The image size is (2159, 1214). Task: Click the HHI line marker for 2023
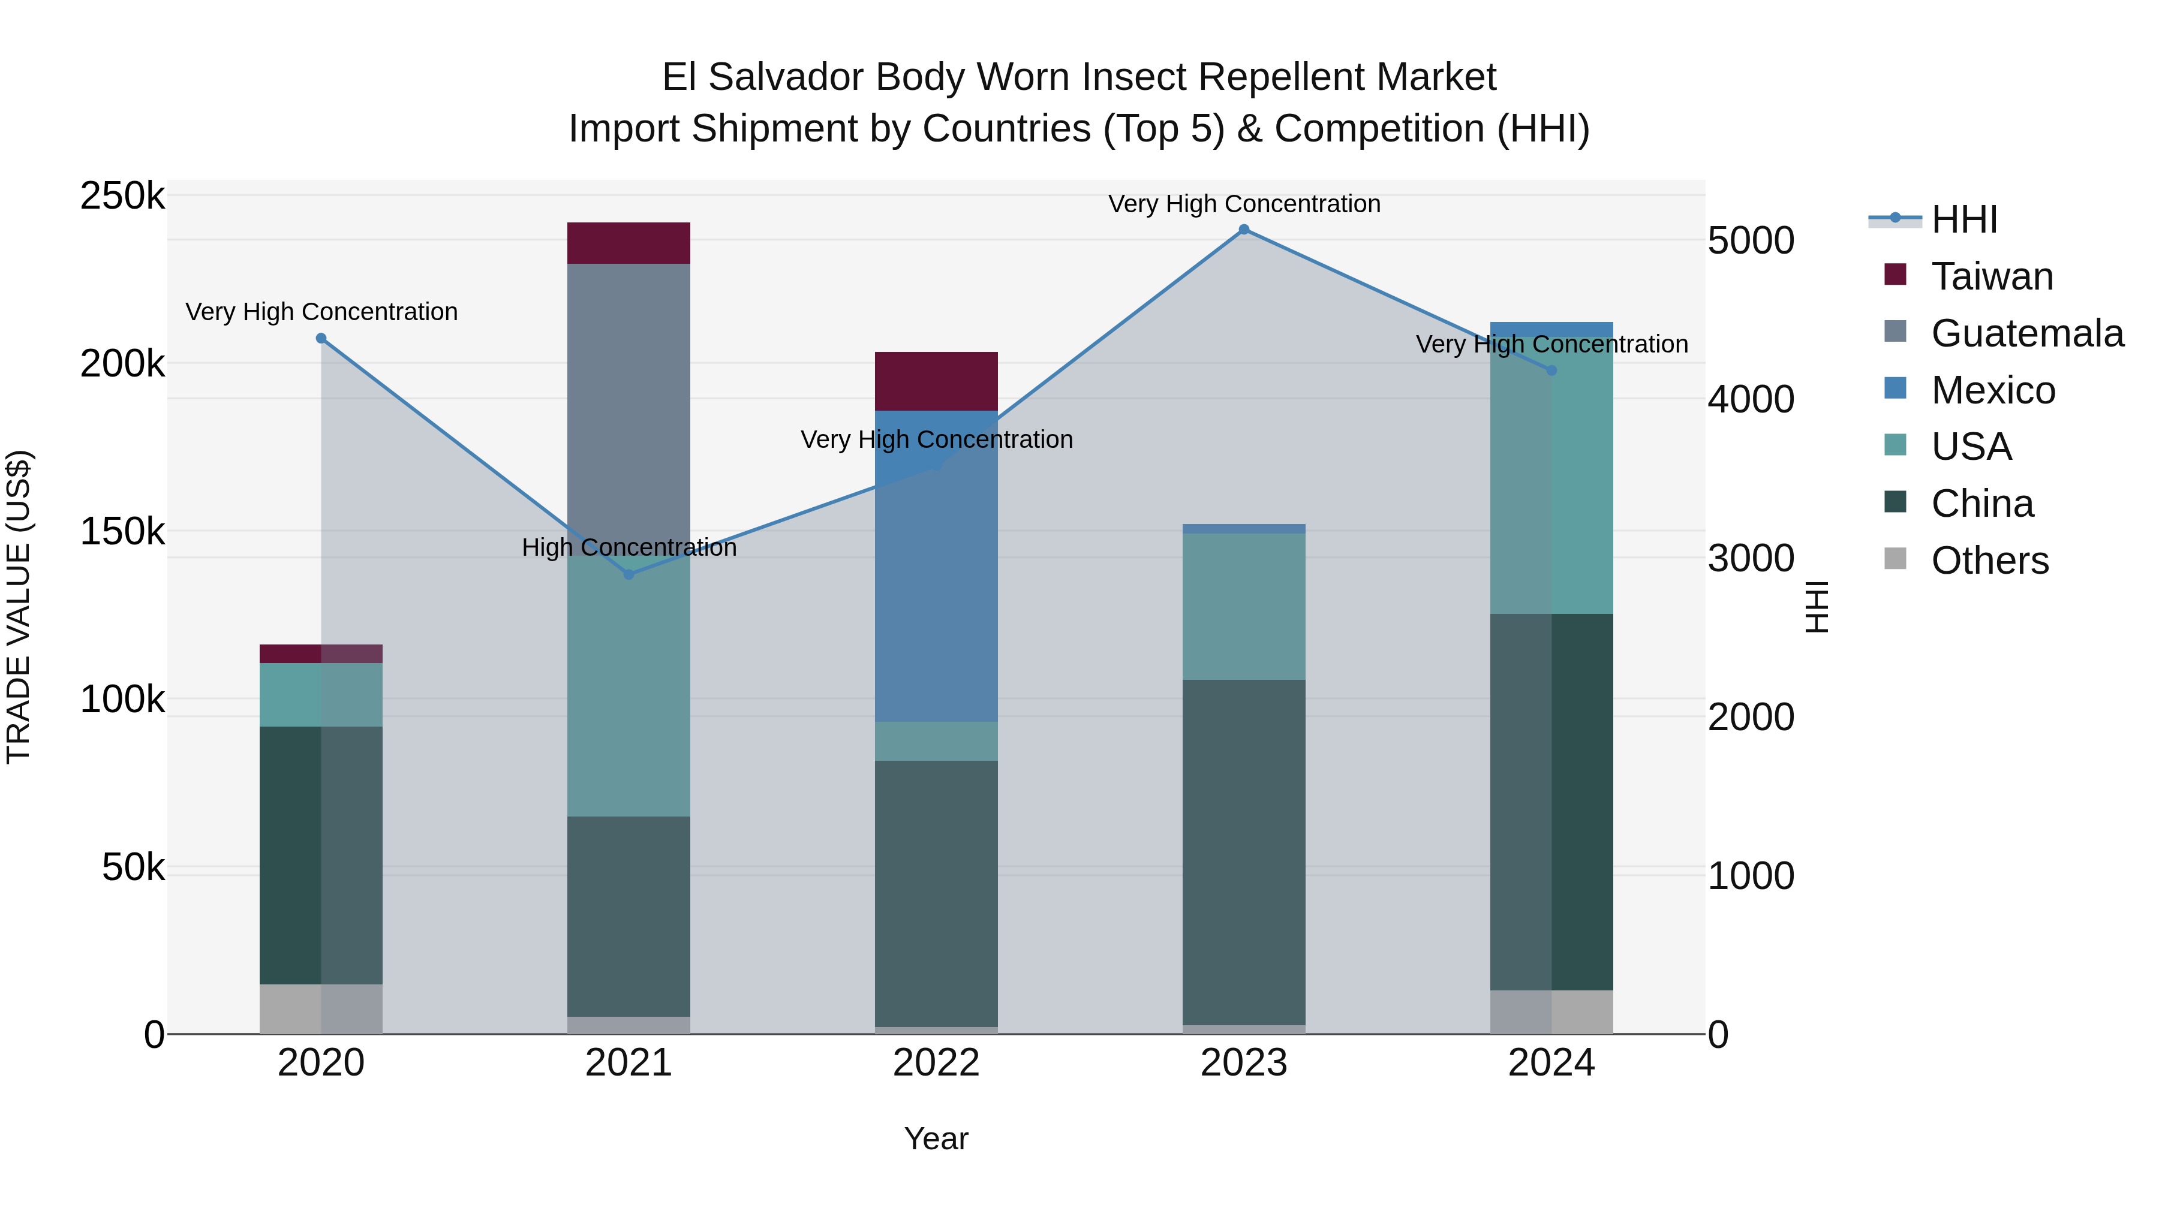coord(1244,230)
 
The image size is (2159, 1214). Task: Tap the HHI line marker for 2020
coord(321,339)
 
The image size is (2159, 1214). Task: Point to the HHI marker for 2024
coord(1551,370)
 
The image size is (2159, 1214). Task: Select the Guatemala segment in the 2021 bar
coord(629,402)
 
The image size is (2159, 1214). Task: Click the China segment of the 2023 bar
coord(1244,850)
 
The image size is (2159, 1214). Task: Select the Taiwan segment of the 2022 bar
coord(936,381)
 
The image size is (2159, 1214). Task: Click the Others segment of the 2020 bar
coord(321,1009)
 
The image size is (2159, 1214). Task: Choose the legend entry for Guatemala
coord(2026,333)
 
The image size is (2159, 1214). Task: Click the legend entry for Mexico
coord(1992,390)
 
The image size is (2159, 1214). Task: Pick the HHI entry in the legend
coord(1963,219)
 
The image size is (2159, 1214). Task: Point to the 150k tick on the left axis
coord(122,531)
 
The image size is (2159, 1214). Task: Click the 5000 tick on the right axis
coord(1751,240)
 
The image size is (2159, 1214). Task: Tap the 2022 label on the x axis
coord(936,1063)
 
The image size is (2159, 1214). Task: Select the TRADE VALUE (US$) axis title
coord(19,607)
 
